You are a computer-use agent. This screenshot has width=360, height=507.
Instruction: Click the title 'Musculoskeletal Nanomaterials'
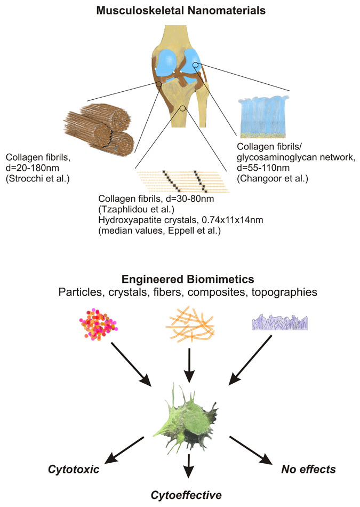180,10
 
